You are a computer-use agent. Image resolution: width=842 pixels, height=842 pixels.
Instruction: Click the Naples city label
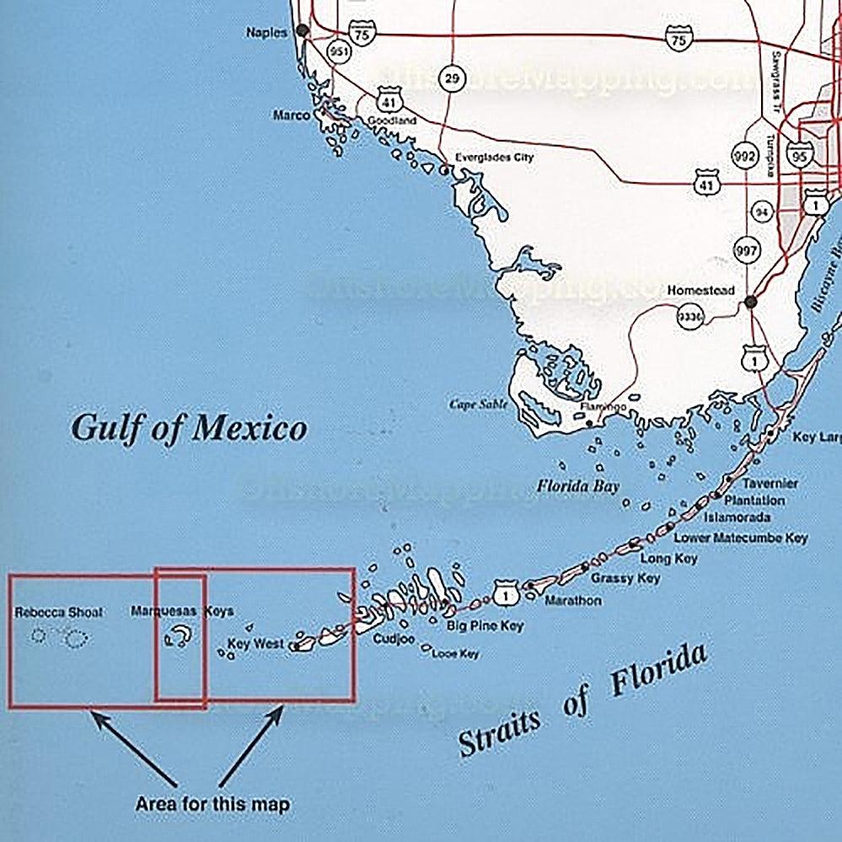coord(266,32)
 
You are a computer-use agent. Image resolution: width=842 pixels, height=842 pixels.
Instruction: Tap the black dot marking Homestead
coord(751,301)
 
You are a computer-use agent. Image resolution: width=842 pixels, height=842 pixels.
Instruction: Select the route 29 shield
coord(453,79)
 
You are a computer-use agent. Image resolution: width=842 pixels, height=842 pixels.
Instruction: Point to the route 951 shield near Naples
coord(341,50)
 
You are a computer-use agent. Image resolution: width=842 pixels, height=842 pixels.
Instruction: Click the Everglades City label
coord(494,157)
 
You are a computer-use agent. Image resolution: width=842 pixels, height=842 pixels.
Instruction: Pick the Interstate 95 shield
coord(800,154)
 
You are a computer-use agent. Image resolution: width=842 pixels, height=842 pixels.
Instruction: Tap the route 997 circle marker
coord(747,250)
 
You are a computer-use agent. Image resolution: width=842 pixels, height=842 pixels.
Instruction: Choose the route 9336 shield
coord(689,316)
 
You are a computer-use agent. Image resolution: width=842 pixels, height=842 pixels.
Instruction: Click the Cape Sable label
coord(479,404)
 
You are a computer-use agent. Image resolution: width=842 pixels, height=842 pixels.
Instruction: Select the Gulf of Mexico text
coord(189,427)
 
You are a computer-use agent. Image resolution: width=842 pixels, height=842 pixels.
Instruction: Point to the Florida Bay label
coord(578,486)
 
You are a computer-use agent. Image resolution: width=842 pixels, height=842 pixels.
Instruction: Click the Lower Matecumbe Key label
coord(741,538)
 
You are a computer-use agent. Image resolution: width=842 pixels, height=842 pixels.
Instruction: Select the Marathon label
coord(573,601)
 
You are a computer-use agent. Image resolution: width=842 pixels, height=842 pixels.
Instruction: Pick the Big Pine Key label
coord(485,626)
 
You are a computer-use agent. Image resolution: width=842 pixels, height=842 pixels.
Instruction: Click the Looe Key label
coord(455,653)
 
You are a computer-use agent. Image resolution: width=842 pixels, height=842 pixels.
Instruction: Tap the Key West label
coord(256,644)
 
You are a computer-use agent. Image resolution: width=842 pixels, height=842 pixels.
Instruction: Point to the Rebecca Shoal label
coord(58,612)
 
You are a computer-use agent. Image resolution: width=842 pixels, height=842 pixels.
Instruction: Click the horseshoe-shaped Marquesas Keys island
coord(179,636)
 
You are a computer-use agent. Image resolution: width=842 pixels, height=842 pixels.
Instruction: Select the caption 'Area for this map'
coord(212,804)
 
